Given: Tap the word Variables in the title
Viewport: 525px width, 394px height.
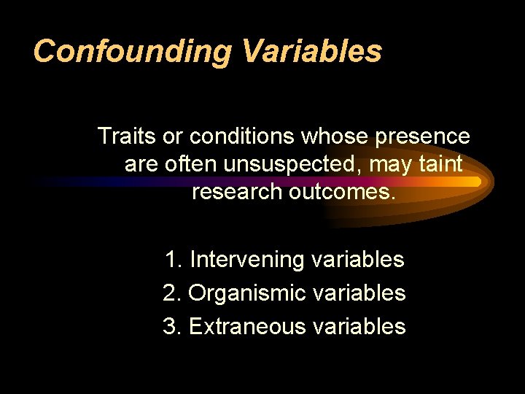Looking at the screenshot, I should click(x=312, y=51).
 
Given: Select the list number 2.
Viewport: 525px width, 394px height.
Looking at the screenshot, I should click(x=172, y=293).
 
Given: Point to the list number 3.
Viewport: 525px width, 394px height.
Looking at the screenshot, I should click(x=172, y=326).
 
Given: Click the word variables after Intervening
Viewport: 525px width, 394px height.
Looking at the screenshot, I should click(x=357, y=260).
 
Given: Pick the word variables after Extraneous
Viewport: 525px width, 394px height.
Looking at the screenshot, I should click(x=359, y=326).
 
